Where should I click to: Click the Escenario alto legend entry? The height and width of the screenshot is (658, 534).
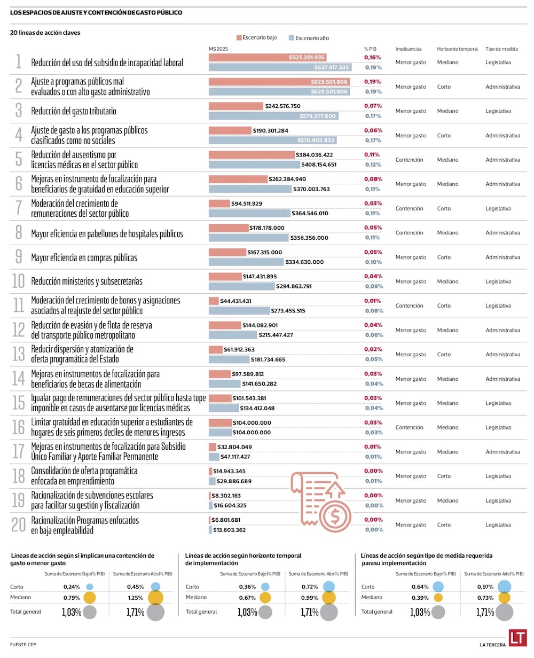pos(309,38)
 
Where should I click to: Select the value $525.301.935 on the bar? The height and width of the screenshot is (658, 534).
pos(307,57)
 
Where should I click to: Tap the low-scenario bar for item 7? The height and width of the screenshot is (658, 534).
pos(219,203)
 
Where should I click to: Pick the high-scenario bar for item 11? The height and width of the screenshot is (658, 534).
pos(239,311)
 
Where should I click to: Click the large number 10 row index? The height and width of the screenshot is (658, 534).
pos(18,281)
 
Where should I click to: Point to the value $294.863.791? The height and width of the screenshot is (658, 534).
pos(302,286)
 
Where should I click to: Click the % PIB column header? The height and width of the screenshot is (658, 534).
pos(370,49)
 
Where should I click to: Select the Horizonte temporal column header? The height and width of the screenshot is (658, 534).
pos(457,49)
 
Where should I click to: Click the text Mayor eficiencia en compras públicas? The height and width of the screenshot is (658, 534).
pos(84,257)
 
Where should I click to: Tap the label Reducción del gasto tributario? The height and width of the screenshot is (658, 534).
pos(74,111)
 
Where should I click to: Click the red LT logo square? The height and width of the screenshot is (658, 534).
pos(517,638)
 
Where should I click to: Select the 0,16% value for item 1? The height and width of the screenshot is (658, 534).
pos(372,57)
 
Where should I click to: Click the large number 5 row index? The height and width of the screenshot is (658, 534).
pos(19,159)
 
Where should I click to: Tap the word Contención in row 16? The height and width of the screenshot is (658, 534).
pos(409,427)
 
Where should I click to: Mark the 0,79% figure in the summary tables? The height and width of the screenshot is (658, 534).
pos(72,597)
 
